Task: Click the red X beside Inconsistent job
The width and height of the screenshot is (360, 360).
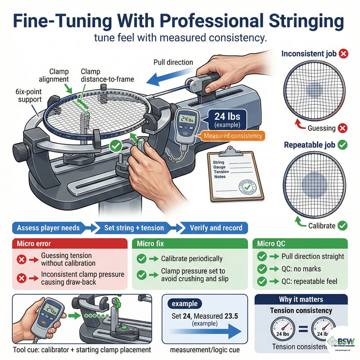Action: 344,54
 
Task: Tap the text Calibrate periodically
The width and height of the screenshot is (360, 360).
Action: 191,258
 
